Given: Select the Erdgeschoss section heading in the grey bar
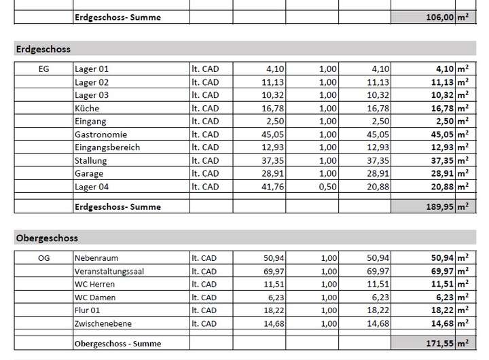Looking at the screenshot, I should (x=43, y=49).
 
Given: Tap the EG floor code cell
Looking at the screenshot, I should (x=43, y=69).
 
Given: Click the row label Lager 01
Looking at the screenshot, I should (x=91, y=69).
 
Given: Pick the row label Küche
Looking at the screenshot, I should (x=86, y=108).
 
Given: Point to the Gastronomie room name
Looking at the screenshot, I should (x=101, y=134).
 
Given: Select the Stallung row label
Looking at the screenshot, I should (x=92, y=160).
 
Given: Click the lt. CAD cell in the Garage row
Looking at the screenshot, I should (x=205, y=173).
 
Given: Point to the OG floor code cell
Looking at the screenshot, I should (x=43, y=258).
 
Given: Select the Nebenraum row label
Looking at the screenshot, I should (x=96, y=258).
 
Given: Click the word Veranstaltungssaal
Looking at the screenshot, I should (x=109, y=271).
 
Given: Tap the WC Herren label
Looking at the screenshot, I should (x=94, y=284).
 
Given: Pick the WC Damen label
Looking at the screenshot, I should (x=94, y=297).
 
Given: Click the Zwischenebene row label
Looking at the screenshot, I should (x=104, y=323).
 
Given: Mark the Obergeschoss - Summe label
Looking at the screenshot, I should (x=118, y=344).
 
